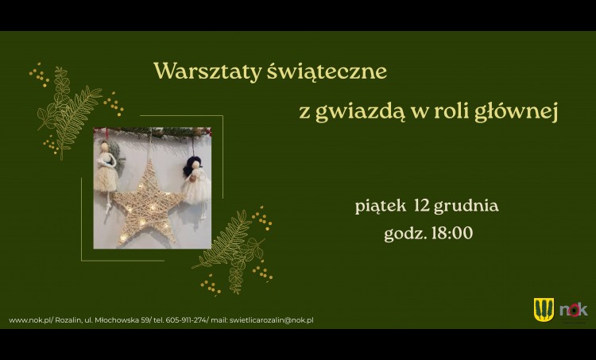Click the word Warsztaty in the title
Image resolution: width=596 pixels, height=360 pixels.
coord(207,71)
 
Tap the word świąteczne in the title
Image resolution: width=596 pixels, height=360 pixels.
coord(327,72)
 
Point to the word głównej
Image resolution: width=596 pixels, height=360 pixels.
coord(516,112)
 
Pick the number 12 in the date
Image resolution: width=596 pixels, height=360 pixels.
coord(422,205)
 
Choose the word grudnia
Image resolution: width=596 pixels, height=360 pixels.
coord(466,207)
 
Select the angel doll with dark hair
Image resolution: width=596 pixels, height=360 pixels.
coord(196,183)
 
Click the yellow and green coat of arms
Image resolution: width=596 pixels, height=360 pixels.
coord(544,309)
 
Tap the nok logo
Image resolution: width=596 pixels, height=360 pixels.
coord(573,310)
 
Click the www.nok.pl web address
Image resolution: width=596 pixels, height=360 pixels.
coord(30,320)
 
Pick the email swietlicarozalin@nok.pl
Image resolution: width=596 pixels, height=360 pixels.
coord(272,320)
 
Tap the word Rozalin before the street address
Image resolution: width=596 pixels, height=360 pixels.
coord(68,320)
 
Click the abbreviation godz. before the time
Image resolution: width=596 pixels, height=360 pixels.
coord(405,234)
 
